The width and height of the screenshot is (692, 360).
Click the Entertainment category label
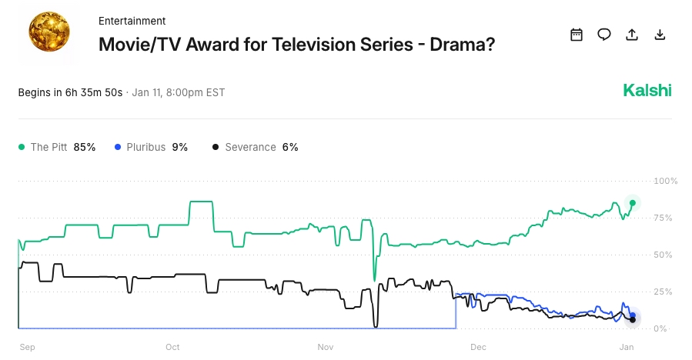click(x=132, y=21)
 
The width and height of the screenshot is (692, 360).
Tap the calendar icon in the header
click(x=576, y=35)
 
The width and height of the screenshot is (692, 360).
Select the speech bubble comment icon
click(x=604, y=35)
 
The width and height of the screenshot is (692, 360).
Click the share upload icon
click(x=632, y=35)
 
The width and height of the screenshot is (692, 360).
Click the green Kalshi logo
click(x=647, y=91)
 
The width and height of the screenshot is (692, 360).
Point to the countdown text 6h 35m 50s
click(x=95, y=92)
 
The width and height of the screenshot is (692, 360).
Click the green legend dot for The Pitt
click(x=22, y=147)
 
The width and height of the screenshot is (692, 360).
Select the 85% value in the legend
click(x=85, y=147)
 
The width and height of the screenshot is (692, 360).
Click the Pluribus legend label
click(x=145, y=147)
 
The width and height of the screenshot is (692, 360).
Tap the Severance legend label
click(x=250, y=147)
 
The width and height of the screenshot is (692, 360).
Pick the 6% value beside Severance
click(x=290, y=147)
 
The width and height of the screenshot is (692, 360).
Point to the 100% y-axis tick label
click(x=664, y=181)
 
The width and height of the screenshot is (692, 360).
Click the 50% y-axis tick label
click(x=664, y=255)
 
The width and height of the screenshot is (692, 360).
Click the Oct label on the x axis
click(x=172, y=347)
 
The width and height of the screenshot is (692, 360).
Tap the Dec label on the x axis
click(x=478, y=347)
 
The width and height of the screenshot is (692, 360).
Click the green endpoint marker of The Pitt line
click(x=633, y=203)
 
